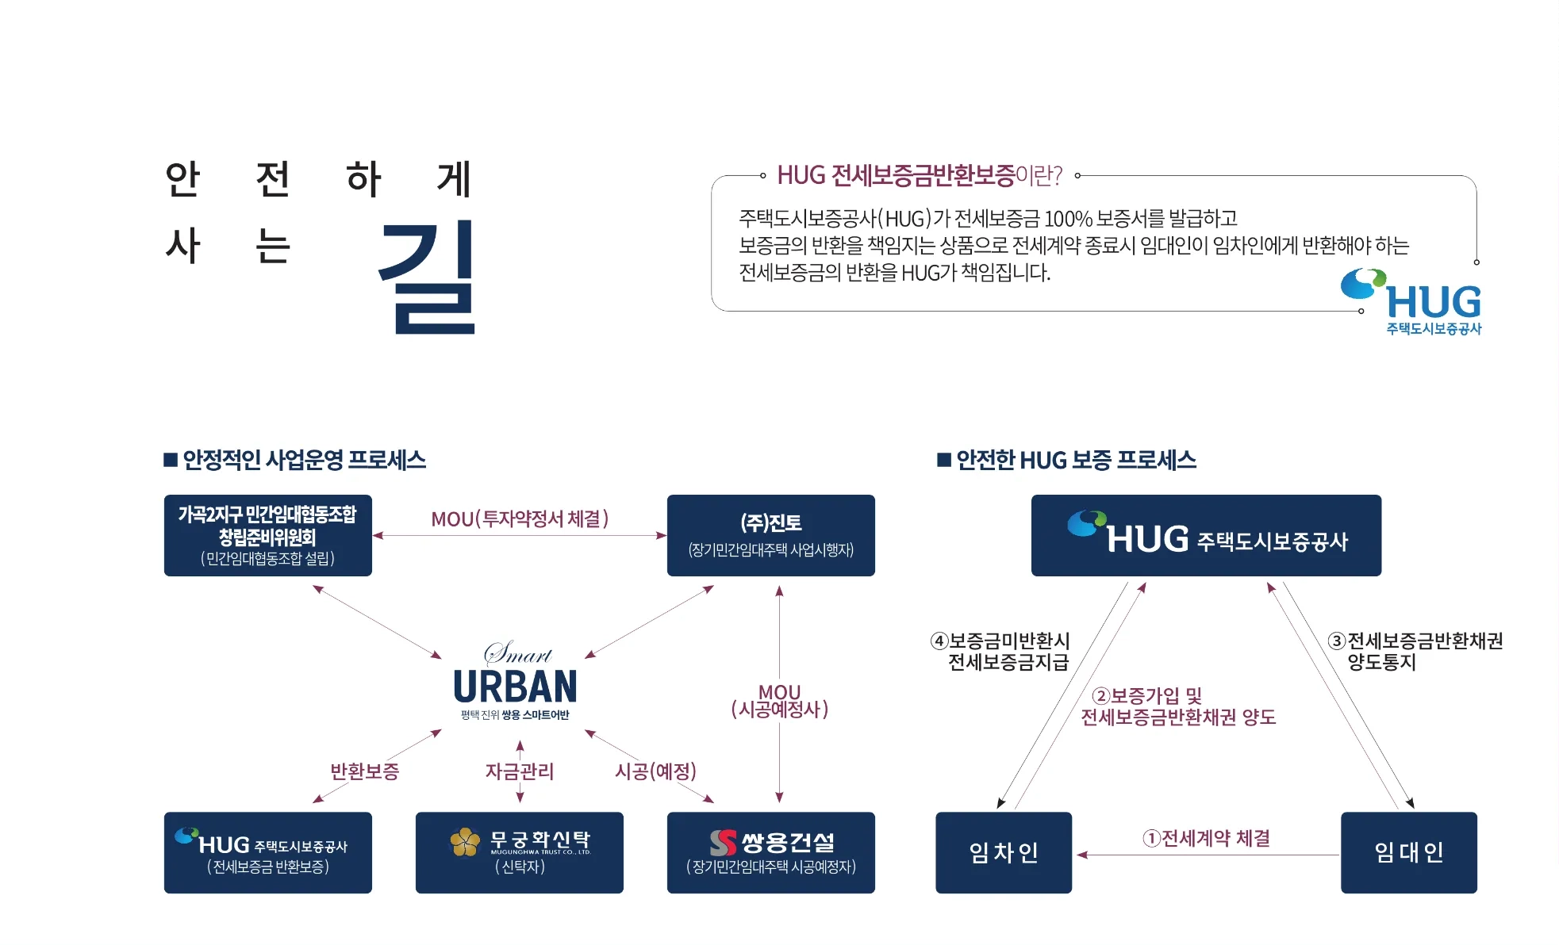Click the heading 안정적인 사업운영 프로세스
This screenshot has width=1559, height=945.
pyautogui.click(x=304, y=460)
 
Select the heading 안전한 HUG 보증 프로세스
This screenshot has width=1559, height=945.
pyautogui.click(x=1075, y=460)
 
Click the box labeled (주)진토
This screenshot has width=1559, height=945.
pyautogui.click(x=770, y=535)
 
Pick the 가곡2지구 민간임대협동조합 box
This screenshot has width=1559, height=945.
pyautogui.click(x=267, y=535)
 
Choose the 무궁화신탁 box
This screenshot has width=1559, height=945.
pyautogui.click(x=519, y=852)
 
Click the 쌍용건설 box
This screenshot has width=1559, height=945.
pyautogui.click(x=770, y=852)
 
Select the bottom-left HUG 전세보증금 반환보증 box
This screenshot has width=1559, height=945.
pyautogui.click(x=267, y=852)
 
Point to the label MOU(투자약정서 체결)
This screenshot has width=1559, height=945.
pyautogui.click(x=520, y=519)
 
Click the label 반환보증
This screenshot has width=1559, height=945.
pyautogui.click(x=364, y=771)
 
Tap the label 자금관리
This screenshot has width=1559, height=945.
pyautogui.click(x=520, y=771)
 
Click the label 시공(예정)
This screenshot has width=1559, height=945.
pyautogui.click(x=655, y=771)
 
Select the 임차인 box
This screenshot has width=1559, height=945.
pyautogui.click(x=1003, y=852)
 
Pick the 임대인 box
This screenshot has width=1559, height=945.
pyautogui.click(x=1408, y=852)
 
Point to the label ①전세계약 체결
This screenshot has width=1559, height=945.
pyautogui.click(x=1206, y=838)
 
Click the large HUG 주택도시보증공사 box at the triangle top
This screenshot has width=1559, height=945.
pyautogui.click(x=1206, y=535)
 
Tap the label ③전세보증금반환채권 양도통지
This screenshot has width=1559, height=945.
pyautogui.click(x=1416, y=651)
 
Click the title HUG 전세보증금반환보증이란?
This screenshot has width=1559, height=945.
pyautogui.click(x=919, y=175)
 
